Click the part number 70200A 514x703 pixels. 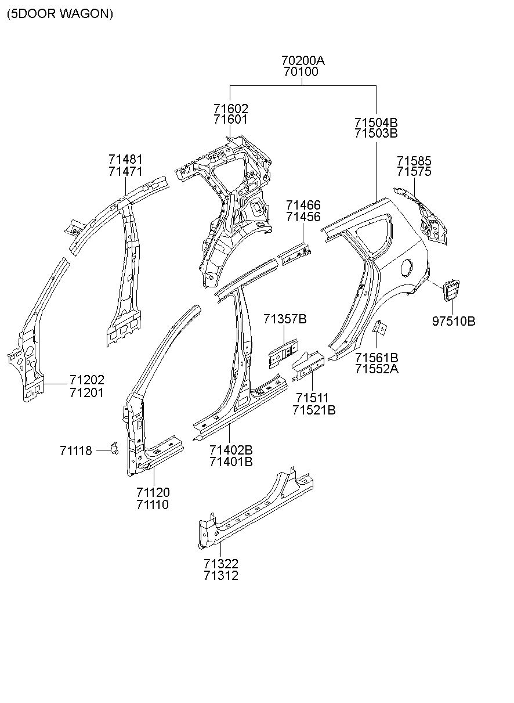pos(303,60)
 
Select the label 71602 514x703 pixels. pos(231,109)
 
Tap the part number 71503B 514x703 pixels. pos(376,133)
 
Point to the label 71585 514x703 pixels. pos(414,161)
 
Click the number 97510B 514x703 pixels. pos(454,321)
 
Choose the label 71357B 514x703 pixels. pos(285,319)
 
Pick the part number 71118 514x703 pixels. pos(76,451)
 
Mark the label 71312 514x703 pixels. pos(221,576)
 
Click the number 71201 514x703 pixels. pos(86,392)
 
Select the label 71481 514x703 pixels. pos(125,160)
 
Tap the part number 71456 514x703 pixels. pos(303,217)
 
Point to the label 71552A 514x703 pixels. pos(377,369)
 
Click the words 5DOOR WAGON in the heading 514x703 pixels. pos(60,14)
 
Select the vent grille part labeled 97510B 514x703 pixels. pos(451,289)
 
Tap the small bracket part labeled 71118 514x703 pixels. pos(114,448)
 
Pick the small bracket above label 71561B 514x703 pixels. pos(380,327)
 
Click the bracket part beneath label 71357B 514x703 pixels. pos(283,354)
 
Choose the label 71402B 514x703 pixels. pos(231,450)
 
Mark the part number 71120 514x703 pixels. pos(153,492)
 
